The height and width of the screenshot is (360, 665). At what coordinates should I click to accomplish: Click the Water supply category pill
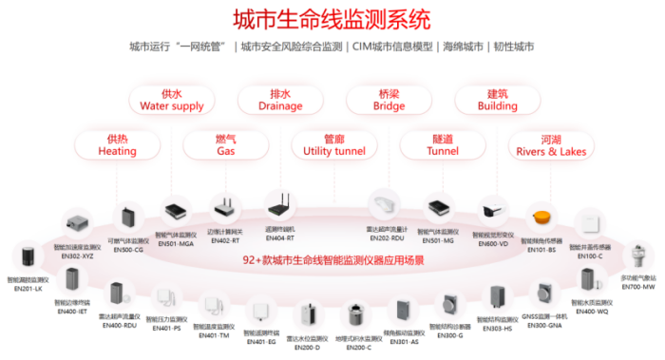tap(171, 100)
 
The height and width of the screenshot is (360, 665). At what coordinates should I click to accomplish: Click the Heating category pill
tap(117, 144)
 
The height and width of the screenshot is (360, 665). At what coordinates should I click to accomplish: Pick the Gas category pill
tap(225, 144)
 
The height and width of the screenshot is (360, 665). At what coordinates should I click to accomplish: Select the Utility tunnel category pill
tap(333, 144)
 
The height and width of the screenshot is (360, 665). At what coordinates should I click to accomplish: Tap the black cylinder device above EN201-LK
tap(26, 258)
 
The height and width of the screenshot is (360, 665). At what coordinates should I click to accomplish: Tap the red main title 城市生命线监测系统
tap(332, 18)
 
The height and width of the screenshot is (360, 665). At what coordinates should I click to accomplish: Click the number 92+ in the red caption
tap(254, 258)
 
